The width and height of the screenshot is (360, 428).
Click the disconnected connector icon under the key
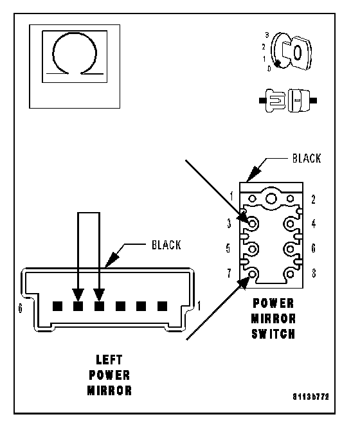[x=288, y=100]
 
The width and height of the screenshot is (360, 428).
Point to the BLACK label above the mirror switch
[x=307, y=159]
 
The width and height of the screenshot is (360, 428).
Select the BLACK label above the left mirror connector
[x=166, y=245]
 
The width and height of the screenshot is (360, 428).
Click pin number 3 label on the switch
[x=229, y=224]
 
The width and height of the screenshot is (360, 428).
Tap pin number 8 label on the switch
[x=314, y=273]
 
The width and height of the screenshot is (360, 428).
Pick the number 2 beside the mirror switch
[x=313, y=200]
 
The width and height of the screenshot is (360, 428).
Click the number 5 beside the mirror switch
[x=228, y=249]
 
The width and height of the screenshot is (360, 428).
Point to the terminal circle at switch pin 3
[x=253, y=224]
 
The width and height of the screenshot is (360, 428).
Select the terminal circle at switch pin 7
[x=253, y=274]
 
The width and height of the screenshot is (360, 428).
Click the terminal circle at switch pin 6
[x=290, y=249]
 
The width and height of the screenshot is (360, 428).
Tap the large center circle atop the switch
[x=271, y=199]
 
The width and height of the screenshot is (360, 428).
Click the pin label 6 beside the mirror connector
[x=20, y=308]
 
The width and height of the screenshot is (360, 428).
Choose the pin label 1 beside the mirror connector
[x=199, y=306]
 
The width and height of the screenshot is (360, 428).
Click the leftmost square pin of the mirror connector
[x=57, y=307]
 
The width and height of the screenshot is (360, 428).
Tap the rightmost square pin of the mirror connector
[x=162, y=307]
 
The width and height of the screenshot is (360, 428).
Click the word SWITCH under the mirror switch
[x=273, y=334]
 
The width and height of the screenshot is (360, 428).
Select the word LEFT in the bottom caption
[x=109, y=360]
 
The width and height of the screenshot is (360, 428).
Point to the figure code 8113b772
[x=311, y=397]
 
